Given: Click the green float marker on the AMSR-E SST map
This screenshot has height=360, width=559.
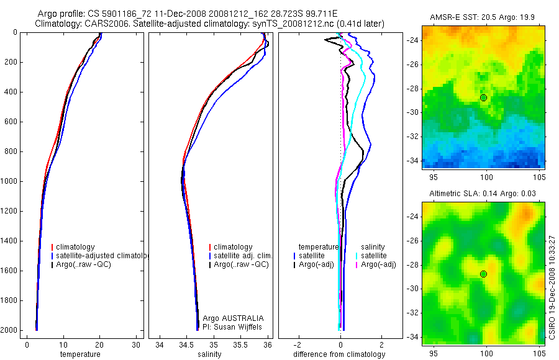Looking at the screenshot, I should [484, 98].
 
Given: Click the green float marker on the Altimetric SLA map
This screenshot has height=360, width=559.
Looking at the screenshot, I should [484, 274].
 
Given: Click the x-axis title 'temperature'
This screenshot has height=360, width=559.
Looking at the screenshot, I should [80, 354].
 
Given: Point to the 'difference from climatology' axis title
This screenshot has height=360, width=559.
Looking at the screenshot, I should [339, 354].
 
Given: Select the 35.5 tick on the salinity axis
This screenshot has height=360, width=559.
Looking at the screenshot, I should [241, 344].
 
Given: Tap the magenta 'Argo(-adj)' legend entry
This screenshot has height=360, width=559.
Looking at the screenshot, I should [378, 265].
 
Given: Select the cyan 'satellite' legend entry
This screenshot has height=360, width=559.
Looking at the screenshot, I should [374, 256].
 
